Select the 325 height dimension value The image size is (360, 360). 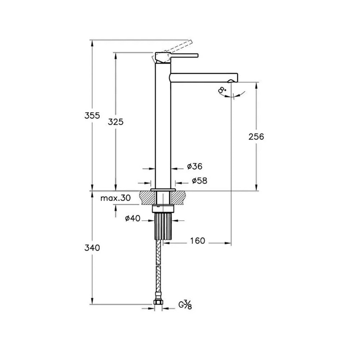(116, 122)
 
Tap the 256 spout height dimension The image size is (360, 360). (256, 136)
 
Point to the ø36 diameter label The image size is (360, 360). (195, 166)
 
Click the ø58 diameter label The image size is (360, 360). (199, 181)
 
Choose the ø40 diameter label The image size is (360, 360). (132, 219)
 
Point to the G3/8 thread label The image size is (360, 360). (185, 306)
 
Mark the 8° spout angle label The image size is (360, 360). (223, 90)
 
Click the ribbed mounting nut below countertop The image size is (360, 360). (164, 226)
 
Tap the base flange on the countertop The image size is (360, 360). (163, 189)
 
